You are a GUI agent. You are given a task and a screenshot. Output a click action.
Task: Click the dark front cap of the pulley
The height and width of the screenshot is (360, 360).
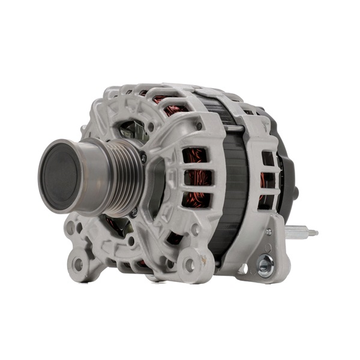click(60, 175)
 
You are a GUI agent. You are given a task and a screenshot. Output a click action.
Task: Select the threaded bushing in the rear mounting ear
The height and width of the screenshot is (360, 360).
click(265, 262)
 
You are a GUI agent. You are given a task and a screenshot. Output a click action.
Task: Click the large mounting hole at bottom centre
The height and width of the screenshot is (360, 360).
click(190, 264)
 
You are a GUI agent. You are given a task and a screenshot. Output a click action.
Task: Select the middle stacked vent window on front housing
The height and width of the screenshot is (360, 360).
click(196, 178)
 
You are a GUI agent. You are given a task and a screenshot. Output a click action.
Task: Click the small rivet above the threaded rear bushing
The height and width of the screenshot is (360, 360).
click(268, 232)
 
